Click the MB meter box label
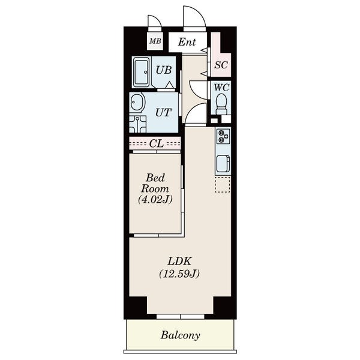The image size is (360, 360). (x=155, y=41)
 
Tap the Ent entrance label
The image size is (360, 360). (x=187, y=42)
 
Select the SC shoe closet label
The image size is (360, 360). (x=221, y=65)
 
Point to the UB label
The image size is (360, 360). (x=163, y=70)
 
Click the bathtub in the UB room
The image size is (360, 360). (x=141, y=72)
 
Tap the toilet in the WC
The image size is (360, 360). (x=221, y=104)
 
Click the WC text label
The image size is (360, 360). (x=221, y=88)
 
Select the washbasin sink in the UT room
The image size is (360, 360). (x=137, y=103)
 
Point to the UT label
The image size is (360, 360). (x=163, y=113)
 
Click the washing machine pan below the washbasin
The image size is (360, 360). (x=137, y=124)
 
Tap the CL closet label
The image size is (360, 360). (x=157, y=144)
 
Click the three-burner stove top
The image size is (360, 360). (x=223, y=136)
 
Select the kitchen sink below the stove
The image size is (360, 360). (x=223, y=163)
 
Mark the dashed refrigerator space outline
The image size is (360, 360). (x=223, y=184)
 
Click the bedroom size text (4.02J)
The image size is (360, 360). (x=155, y=200)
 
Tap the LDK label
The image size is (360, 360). (x=179, y=261)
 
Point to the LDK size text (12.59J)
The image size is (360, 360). (x=179, y=274)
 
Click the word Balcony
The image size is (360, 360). (x=180, y=335)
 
